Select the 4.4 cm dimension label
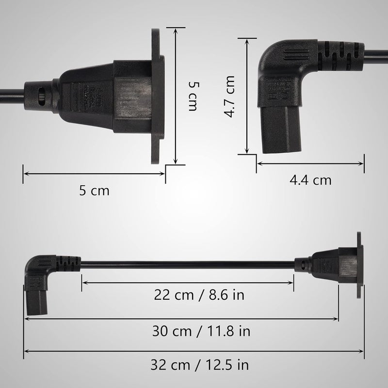coord(310,180)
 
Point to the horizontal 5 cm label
coord(94,191)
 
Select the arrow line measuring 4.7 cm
coord(248,97)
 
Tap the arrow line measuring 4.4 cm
coord(310,164)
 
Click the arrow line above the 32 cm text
coord(194,351)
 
